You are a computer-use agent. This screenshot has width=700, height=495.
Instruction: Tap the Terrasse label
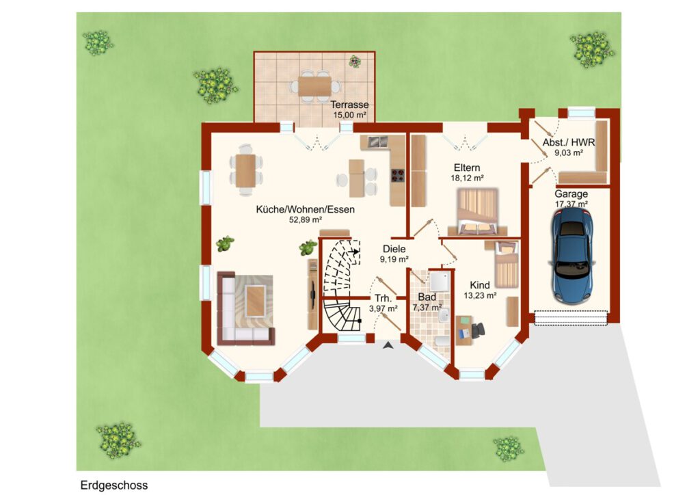[x=349, y=105]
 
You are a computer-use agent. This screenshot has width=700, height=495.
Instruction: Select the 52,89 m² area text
[x=306, y=219]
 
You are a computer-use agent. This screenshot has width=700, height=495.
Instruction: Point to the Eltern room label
[x=467, y=168]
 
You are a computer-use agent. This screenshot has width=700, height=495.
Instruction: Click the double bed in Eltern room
[x=478, y=211]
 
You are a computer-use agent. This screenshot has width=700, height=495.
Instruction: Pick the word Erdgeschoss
[x=114, y=485]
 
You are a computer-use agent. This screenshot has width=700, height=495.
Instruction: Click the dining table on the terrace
[x=314, y=85]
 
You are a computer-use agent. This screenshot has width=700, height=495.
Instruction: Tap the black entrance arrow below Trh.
[x=388, y=345]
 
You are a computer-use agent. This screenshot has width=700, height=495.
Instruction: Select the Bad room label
[x=427, y=297]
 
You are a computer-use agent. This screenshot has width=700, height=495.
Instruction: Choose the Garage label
[x=571, y=194]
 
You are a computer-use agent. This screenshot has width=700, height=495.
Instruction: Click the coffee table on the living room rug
[x=256, y=300]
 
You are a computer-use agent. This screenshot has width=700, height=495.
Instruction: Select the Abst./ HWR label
[x=569, y=142]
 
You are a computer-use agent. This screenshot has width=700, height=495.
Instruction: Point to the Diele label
[x=394, y=249]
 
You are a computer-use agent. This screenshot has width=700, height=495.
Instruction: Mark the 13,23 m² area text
[x=481, y=295]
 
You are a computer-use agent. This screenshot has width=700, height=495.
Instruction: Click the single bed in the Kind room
[x=507, y=264]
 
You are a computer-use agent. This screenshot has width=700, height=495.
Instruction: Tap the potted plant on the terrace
[x=355, y=61]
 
